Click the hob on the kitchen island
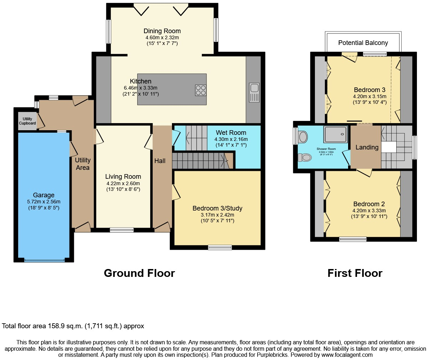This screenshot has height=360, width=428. click(200, 90)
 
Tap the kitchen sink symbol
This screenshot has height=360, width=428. click(254, 92)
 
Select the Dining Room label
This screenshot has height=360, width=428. click(162, 31)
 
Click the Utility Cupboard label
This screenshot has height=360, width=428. click(27, 121)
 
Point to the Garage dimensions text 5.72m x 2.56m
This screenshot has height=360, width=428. click(44, 202)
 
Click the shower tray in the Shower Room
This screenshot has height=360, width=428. click(335, 134)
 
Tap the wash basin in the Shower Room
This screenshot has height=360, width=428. click(303, 137)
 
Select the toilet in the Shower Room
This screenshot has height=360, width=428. click(305, 157)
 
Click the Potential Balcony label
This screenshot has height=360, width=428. click(363, 43)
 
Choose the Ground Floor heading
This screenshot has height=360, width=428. click(139, 273)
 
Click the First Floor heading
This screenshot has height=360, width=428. click(355, 273)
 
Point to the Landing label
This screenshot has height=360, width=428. click(367, 147)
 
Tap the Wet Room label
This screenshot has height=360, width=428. click(231, 133)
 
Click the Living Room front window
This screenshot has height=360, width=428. click(122, 230)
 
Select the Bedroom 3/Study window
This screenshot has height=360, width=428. click(220, 247)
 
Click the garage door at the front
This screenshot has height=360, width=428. click(45, 260)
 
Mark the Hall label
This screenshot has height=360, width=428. click(160, 161)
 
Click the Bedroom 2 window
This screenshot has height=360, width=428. click(352, 239)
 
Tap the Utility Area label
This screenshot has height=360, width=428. click(82, 164)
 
